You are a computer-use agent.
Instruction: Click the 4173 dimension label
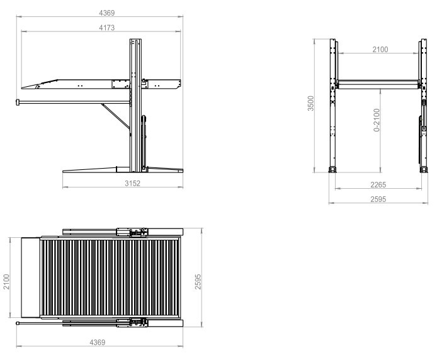(107, 28)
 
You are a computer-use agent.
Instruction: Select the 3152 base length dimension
(132, 183)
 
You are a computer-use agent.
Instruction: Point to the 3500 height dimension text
(311, 103)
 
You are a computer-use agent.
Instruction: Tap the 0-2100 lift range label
(377, 120)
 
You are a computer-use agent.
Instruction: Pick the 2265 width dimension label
(378, 185)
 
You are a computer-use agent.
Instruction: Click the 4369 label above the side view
(107, 13)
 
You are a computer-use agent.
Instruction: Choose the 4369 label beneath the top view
(97, 342)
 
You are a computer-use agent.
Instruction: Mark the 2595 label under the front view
(378, 200)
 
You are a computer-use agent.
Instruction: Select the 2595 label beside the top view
(198, 282)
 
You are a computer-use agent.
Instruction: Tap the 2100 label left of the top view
(6, 282)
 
